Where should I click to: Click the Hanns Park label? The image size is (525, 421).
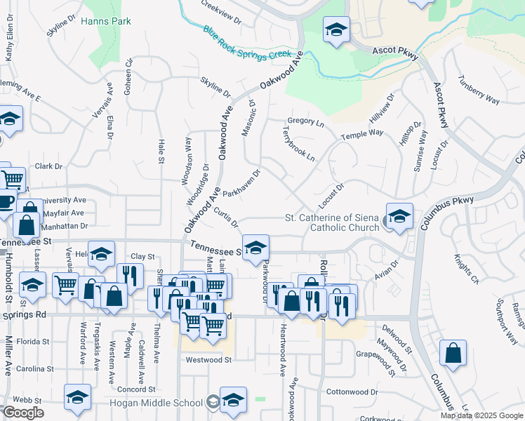pyautogui.click(x=106, y=22)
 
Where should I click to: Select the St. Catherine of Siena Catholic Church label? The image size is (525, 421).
pyautogui.click(x=332, y=222)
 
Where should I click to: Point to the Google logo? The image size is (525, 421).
pyautogui.click(x=23, y=413)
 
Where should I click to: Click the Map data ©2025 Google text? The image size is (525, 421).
pyautogui.click(x=482, y=415)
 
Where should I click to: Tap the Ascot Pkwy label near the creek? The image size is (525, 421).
pyautogui.click(x=396, y=54)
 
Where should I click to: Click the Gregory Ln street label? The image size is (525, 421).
pyautogui.click(x=306, y=123)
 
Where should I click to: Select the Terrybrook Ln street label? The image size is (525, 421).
pyautogui.click(x=298, y=144)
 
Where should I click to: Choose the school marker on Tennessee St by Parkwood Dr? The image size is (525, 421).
pyautogui.click(x=256, y=247)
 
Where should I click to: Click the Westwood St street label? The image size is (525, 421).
pyautogui.click(x=208, y=360)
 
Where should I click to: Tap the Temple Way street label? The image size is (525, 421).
pyautogui.click(x=362, y=133)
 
